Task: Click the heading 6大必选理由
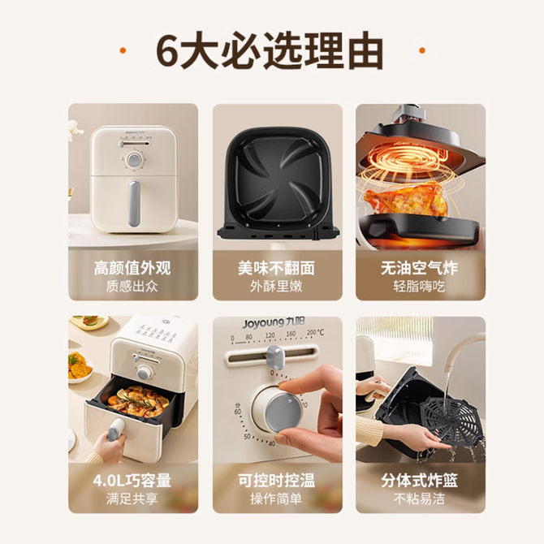(270, 50)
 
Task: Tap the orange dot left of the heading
(123, 50)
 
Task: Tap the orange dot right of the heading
(422, 50)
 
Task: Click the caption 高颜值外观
(132, 268)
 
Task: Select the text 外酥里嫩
(277, 287)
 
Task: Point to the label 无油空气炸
(420, 268)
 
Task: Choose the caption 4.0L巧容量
(132, 481)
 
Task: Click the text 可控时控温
(277, 481)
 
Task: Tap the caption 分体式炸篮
(420, 481)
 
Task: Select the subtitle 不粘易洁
(420, 499)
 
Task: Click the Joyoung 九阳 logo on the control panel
(274, 323)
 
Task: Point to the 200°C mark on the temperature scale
(315, 333)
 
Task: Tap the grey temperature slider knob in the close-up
(274, 358)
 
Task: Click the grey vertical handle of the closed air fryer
(134, 203)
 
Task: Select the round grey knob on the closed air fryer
(134, 160)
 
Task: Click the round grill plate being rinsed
(451, 421)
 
